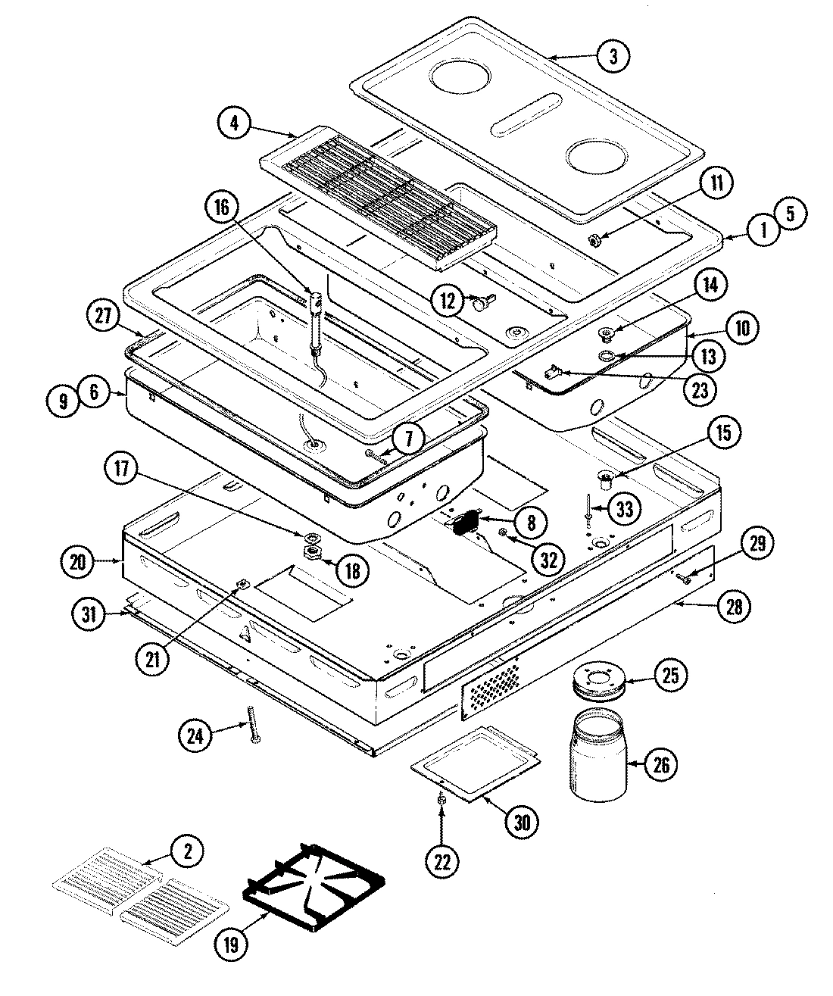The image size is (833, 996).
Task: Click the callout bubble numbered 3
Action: click(x=613, y=55)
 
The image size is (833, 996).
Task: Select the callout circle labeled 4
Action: click(x=234, y=123)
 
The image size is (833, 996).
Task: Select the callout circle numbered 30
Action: click(x=522, y=822)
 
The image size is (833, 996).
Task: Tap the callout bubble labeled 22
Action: click(x=442, y=861)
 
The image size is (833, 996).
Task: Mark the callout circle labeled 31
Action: click(x=90, y=615)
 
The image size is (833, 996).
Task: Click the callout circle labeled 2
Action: click(x=186, y=853)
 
